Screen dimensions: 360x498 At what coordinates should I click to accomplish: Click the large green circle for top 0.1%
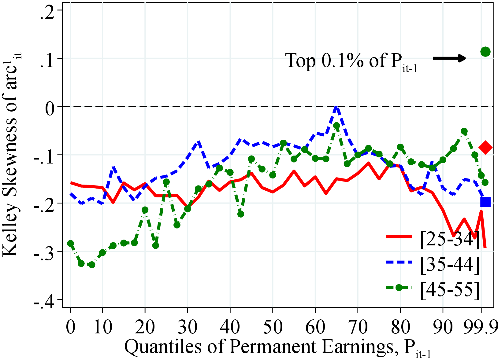point(485,52)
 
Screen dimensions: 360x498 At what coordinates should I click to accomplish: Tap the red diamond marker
point(485,147)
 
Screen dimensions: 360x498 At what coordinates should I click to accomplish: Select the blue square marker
point(485,202)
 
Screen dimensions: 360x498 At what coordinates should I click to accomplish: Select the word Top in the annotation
point(300,60)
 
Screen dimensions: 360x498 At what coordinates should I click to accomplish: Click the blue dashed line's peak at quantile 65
point(336,107)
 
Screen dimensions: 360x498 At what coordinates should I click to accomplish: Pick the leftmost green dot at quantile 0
point(71,244)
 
